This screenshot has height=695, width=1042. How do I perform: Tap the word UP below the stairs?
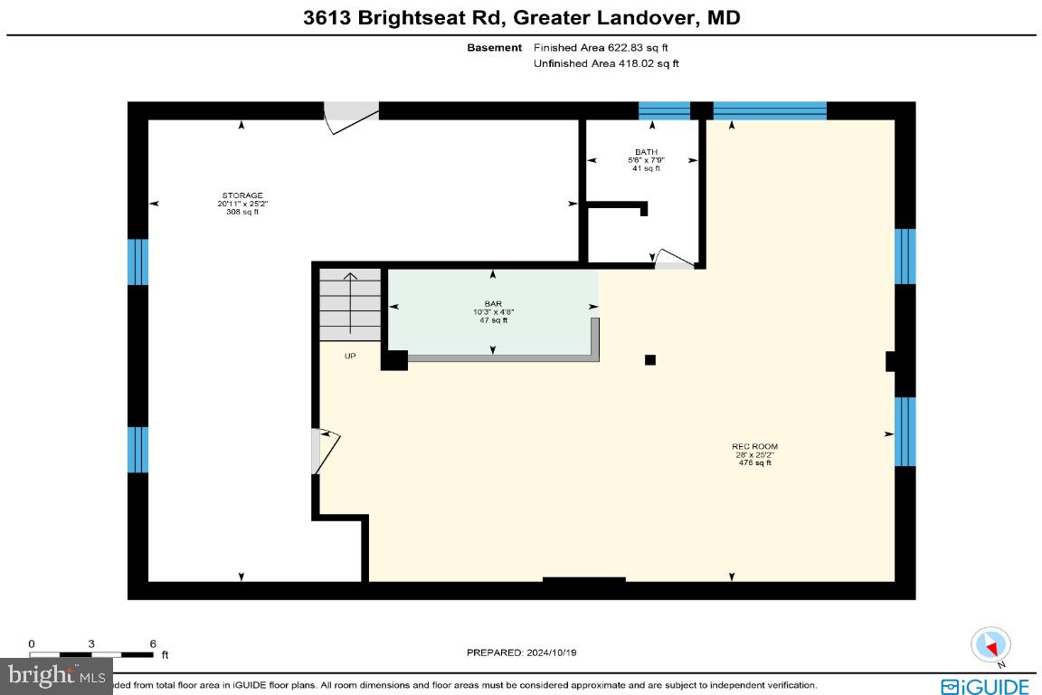click(350, 356)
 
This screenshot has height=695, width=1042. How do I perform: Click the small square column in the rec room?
click(649, 360)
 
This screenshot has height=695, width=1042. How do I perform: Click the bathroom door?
click(673, 261)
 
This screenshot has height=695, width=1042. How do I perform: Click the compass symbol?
click(990, 645)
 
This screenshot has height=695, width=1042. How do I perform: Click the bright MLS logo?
click(56, 674)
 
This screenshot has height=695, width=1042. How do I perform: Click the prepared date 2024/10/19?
click(520, 652)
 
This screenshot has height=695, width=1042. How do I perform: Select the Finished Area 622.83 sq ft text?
click(601, 47)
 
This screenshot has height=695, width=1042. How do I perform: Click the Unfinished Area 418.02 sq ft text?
click(606, 63)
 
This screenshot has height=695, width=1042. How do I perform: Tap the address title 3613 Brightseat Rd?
click(520, 17)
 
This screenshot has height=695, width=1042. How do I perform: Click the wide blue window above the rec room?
click(770, 110)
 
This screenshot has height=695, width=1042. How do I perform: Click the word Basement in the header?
click(494, 47)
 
